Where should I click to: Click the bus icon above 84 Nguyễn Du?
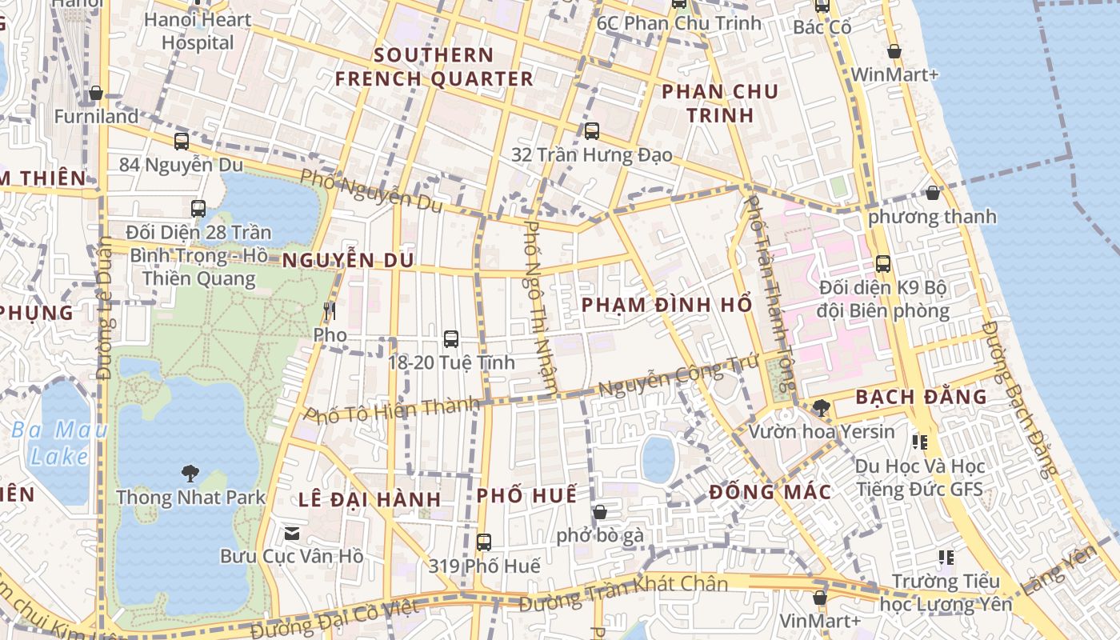coord(182,142)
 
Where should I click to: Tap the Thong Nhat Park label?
coord(190,497)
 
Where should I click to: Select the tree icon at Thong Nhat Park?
coord(190,473)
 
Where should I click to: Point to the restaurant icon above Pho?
coord(329,310)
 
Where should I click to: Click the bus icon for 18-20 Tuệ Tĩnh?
coord(451,338)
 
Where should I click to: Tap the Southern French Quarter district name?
coord(434,67)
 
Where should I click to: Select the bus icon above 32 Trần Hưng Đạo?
coord(592,130)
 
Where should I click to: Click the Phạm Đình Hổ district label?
coord(666,305)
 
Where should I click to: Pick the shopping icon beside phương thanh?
coord(933,193)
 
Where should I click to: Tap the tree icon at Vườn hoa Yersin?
coord(821,408)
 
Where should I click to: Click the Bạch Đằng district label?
coord(922,397)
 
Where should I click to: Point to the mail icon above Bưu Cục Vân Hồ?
coord(292,533)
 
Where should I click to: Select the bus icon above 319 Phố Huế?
coord(484,542)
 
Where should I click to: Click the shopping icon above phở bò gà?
coord(600,512)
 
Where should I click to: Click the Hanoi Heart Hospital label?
coord(198,30)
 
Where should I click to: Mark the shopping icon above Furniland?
coord(96,93)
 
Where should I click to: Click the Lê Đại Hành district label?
coord(370,499)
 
